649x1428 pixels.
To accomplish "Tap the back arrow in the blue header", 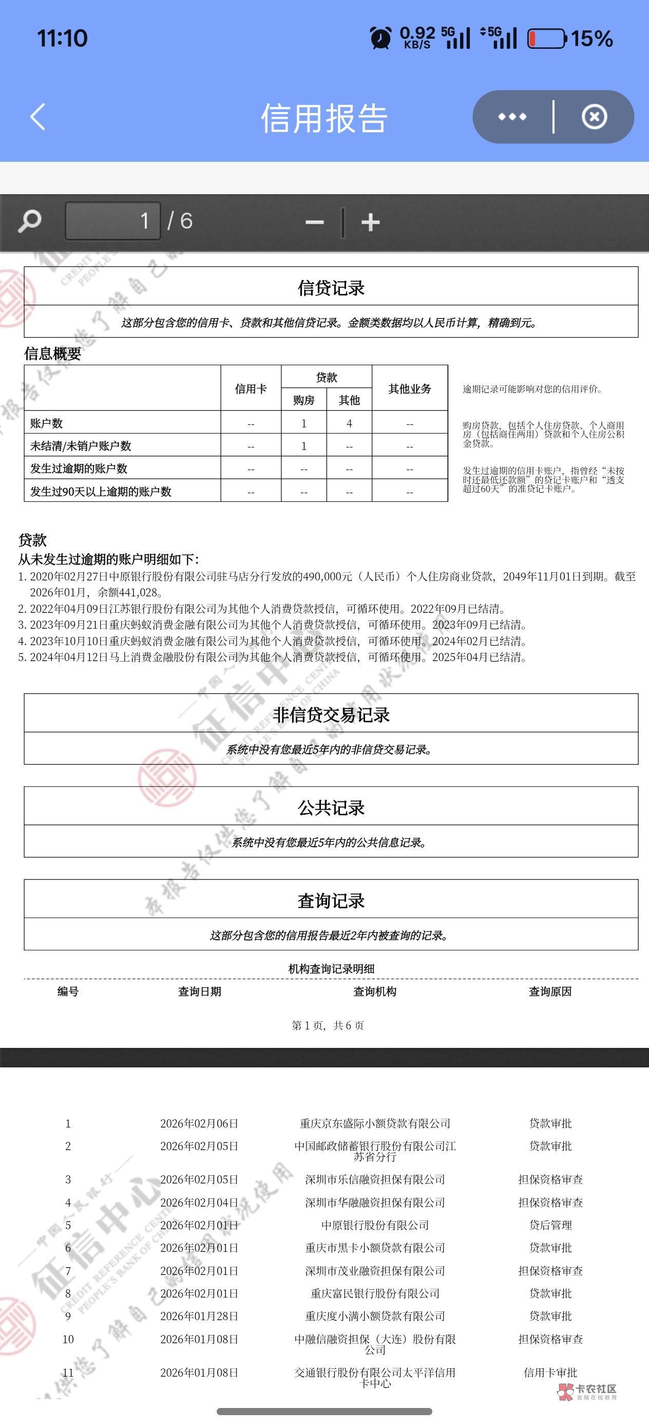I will (x=37, y=117).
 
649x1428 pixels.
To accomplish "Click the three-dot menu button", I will (x=512, y=117).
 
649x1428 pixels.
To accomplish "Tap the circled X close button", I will (x=594, y=117).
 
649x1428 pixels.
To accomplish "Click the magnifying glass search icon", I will (x=29, y=221).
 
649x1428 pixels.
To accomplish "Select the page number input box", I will (x=113, y=221).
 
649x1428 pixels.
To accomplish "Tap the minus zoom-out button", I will (x=314, y=222).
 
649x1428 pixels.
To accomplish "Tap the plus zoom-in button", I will (x=370, y=222).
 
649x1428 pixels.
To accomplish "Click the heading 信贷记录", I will (x=331, y=288).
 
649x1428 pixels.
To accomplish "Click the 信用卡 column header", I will (x=251, y=389).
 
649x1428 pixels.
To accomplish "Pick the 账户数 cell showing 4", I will (x=349, y=424).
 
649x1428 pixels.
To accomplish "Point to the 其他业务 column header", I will (x=410, y=389).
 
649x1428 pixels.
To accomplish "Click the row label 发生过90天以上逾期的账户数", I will (x=101, y=492).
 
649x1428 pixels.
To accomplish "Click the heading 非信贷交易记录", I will (x=331, y=715).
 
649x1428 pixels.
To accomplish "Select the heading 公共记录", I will (x=331, y=807).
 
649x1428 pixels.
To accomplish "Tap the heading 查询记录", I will (x=331, y=901).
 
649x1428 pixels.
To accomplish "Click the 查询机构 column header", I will (x=375, y=992).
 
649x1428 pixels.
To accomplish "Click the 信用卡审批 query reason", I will (x=550, y=1373).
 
